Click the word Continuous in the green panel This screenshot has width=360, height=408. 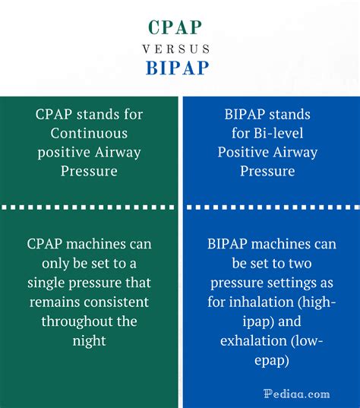point(90,133)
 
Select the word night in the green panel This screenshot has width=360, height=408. point(90,340)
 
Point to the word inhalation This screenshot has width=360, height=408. point(261,302)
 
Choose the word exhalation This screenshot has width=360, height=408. point(255,340)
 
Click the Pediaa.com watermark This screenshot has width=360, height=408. point(296,394)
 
